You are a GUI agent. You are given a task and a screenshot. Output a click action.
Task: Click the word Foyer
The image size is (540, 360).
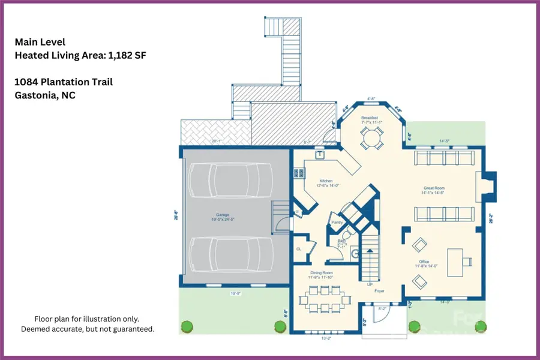pyautogui.click(x=379, y=291)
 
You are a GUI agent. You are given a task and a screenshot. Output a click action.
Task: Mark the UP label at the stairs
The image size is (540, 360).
pyautogui.click(x=370, y=284)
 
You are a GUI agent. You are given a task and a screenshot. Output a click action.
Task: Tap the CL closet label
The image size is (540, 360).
pyautogui.click(x=299, y=248)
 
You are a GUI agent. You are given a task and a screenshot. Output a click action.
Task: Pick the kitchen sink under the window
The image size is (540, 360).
pyautogui.click(x=320, y=154)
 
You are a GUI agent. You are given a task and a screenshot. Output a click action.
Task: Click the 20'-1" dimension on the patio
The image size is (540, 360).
pyautogui.click(x=216, y=142)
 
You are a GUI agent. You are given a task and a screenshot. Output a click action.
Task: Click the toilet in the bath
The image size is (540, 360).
pyautogui.click(x=355, y=252)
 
